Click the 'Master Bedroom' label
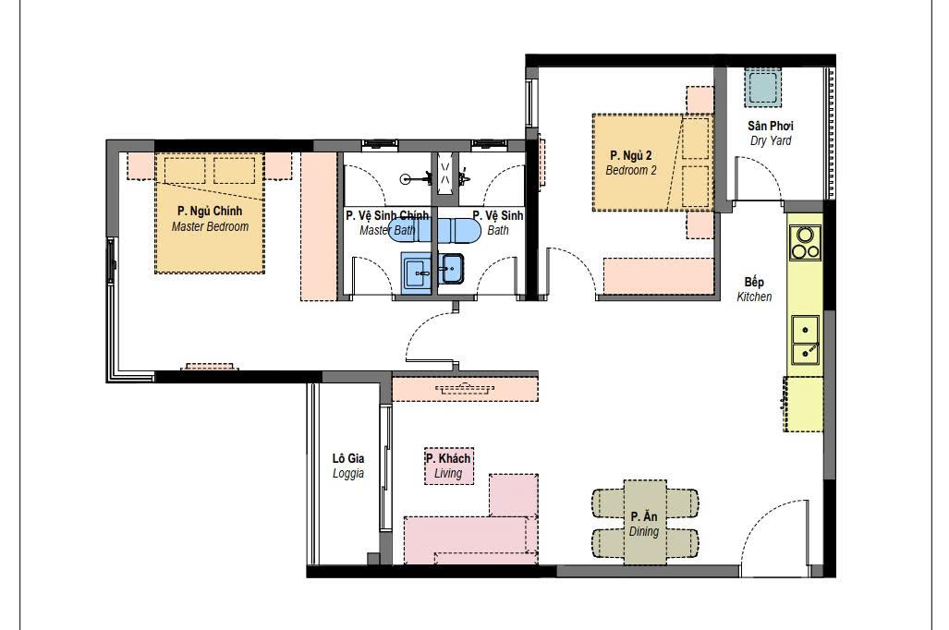tap(210, 227)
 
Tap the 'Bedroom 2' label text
tap(631, 171)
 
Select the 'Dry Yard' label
tap(771, 141)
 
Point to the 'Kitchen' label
tap(754, 297)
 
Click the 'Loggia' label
tap(348, 473)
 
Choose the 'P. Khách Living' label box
tap(448, 466)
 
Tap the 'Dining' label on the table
tap(644, 531)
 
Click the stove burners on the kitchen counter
tap(806, 243)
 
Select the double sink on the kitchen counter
tap(805, 340)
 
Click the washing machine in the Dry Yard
tap(762, 89)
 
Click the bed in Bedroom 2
tap(652, 163)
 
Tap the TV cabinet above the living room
tap(466, 388)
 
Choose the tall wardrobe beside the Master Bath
tap(319, 226)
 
